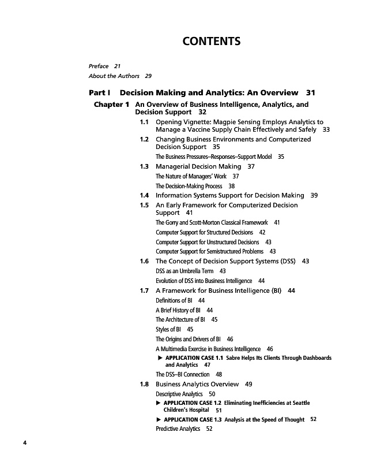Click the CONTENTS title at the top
point(211,42)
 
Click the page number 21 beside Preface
point(117,66)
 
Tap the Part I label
point(99,92)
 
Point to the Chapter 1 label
point(111,105)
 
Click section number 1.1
point(145,122)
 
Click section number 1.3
point(145,166)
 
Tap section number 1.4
point(145,196)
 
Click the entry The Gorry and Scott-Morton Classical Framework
point(212,222)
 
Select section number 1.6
point(145,261)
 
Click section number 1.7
point(145,290)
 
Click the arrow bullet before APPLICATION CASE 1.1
point(160,358)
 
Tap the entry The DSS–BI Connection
point(183,374)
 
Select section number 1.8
point(145,384)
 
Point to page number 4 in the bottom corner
point(25,443)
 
